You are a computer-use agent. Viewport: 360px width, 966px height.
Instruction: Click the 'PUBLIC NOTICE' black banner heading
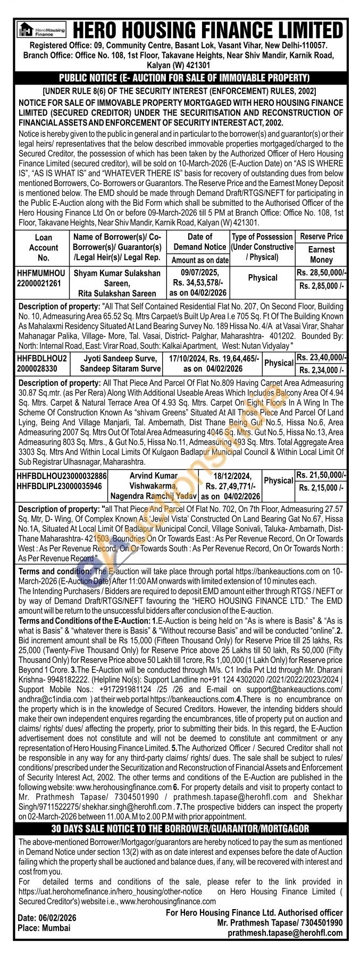pyautogui.click(x=180, y=78)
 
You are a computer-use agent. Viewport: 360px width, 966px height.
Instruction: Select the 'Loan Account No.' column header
pyautogui.click(x=43, y=247)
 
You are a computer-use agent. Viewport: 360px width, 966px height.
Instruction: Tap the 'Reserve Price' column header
pyautogui.click(x=321, y=237)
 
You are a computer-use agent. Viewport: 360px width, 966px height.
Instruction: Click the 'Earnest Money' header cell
pyautogui.click(x=321, y=254)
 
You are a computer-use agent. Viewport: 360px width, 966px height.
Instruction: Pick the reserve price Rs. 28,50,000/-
pyautogui.click(x=321, y=273)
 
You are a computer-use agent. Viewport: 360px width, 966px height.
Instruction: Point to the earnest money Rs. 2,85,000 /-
pyautogui.click(x=321, y=286)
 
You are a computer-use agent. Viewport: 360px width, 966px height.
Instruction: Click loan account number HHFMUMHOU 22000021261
pyautogui.click(x=43, y=278)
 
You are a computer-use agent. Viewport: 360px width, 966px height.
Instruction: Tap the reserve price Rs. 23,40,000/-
pyautogui.click(x=321, y=357)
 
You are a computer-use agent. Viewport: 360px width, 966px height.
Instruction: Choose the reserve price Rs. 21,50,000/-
pyautogui.click(x=321, y=475)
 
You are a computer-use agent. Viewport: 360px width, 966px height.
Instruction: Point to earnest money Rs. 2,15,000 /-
pyautogui.click(x=321, y=488)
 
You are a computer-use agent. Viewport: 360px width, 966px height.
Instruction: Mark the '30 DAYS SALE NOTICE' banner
pyautogui.click(x=180, y=828)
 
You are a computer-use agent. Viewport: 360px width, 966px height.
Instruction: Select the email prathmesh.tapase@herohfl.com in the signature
pyautogui.click(x=285, y=947)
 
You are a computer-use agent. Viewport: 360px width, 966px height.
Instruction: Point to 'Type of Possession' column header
pyautogui.click(x=262, y=247)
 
